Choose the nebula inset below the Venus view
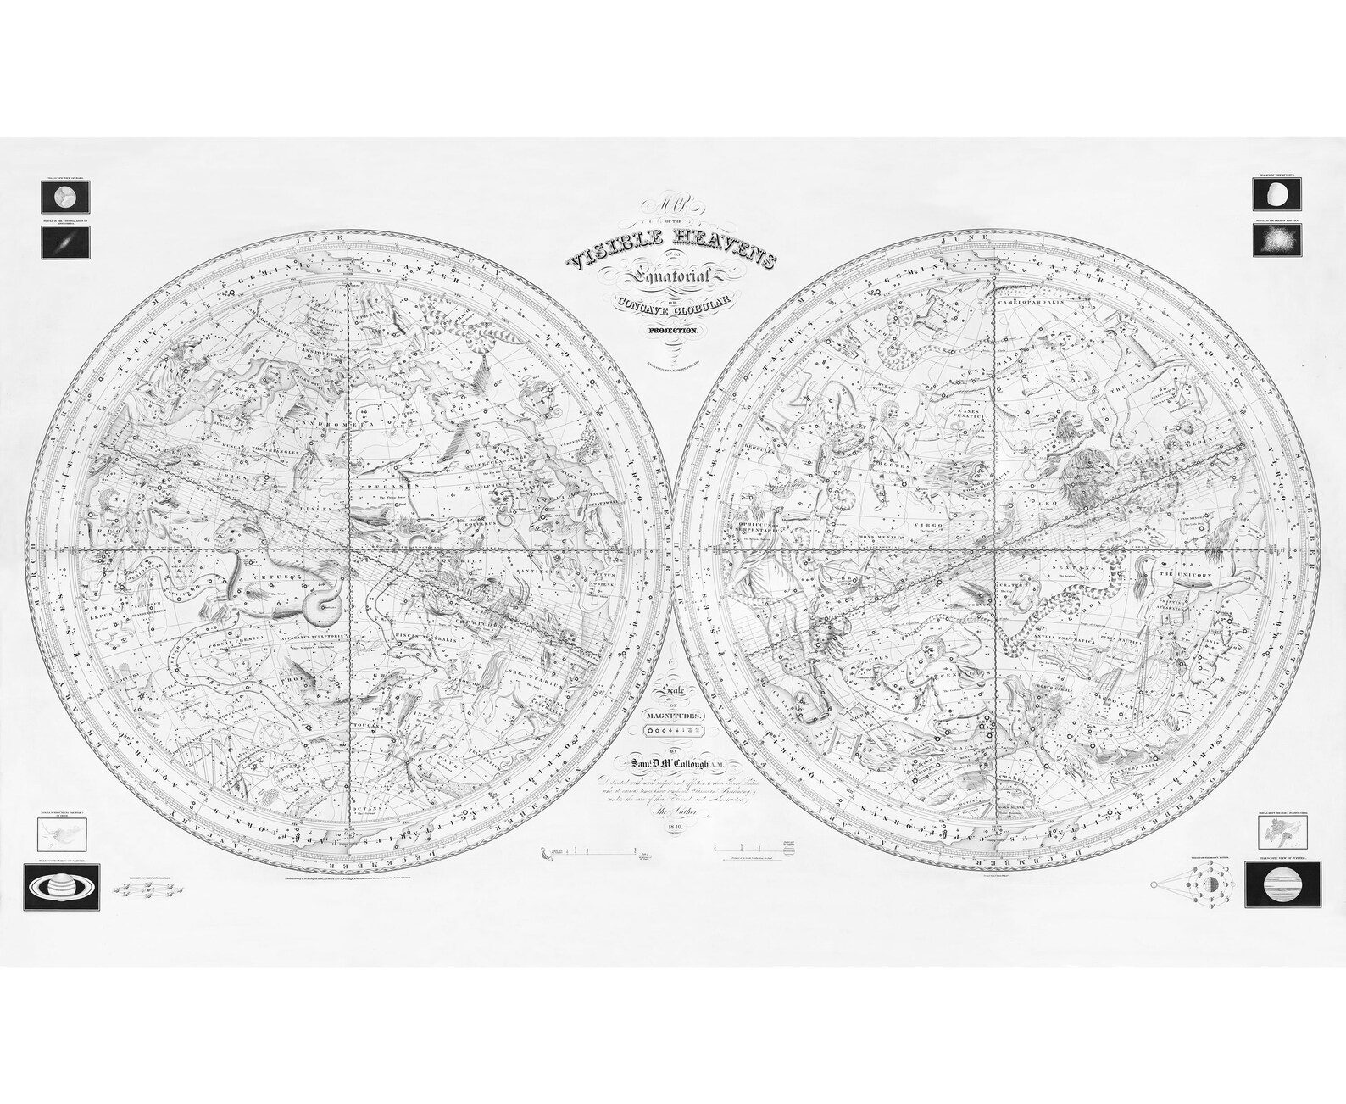1277,242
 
